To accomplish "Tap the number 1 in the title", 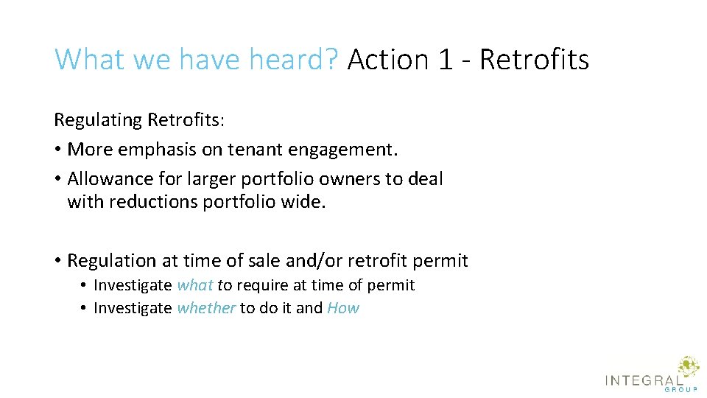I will tap(445, 59).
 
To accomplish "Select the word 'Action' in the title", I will tap(387, 59).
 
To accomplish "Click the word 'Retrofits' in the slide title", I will tap(534, 59).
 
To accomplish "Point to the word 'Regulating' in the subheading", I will tap(98, 119).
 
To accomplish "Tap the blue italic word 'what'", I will tap(195, 285).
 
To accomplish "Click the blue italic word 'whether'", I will tap(206, 308).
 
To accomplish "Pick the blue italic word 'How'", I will tap(343, 308).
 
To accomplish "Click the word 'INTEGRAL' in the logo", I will tap(642, 380).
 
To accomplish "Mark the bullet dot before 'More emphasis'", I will tap(57, 150).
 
